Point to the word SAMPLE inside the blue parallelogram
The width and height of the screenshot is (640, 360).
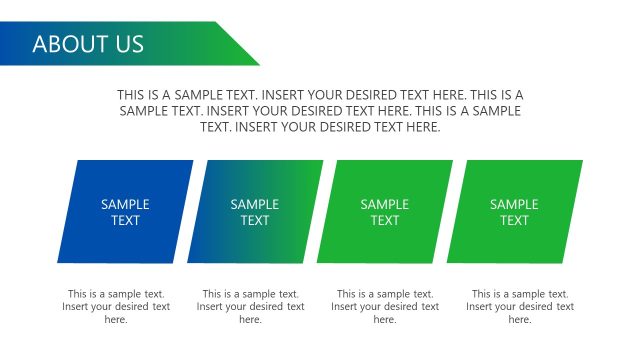[x=125, y=204]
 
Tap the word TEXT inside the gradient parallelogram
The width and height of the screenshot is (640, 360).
[x=255, y=220]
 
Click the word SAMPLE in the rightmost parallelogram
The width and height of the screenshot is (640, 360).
[x=514, y=204]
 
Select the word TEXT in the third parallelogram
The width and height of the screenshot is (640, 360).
[x=385, y=220]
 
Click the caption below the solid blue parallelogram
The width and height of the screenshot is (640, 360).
[x=116, y=307]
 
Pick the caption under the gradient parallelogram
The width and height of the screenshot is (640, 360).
[x=251, y=307]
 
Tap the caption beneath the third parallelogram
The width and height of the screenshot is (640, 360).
[x=385, y=307]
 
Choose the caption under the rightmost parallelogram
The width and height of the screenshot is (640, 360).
[x=520, y=307]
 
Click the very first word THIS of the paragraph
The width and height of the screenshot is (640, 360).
[x=131, y=94]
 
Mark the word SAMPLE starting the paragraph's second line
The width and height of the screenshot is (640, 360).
[x=142, y=111]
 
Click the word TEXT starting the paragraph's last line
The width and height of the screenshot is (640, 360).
[x=215, y=127]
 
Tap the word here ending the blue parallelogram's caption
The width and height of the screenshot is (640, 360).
[x=116, y=320]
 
